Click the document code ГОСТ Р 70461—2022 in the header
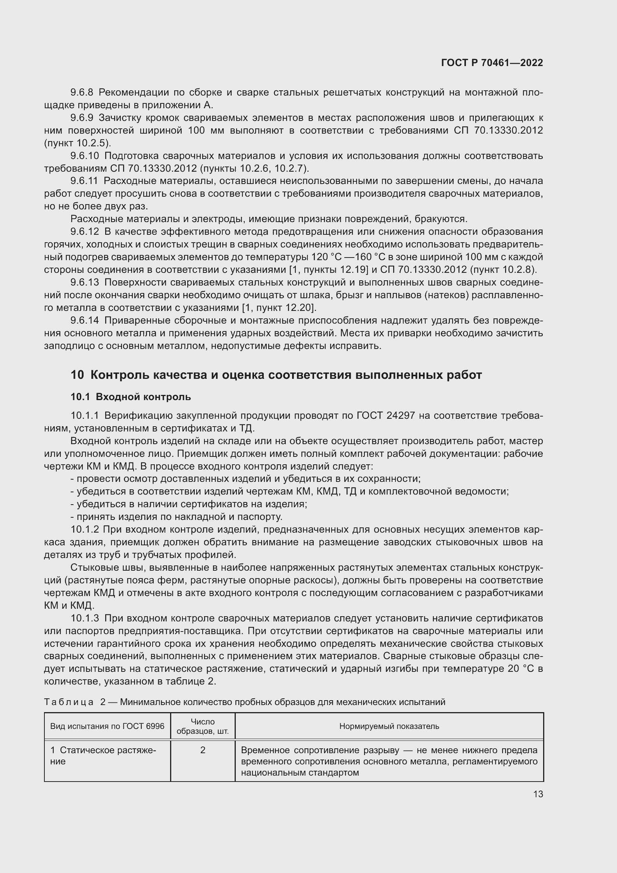click(492, 63)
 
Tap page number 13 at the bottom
click(538, 794)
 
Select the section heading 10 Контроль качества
click(276, 375)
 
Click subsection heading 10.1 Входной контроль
click(131, 397)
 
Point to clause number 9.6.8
click(82, 93)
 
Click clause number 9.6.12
click(84, 231)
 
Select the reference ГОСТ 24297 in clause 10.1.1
click(386, 415)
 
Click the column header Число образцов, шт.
click(203, 727)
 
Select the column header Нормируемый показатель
click(389, 727)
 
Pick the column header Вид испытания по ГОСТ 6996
click(107, 727)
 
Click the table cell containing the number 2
click(203, 750)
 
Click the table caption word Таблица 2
click(75, 702)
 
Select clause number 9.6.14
click(84, 321)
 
